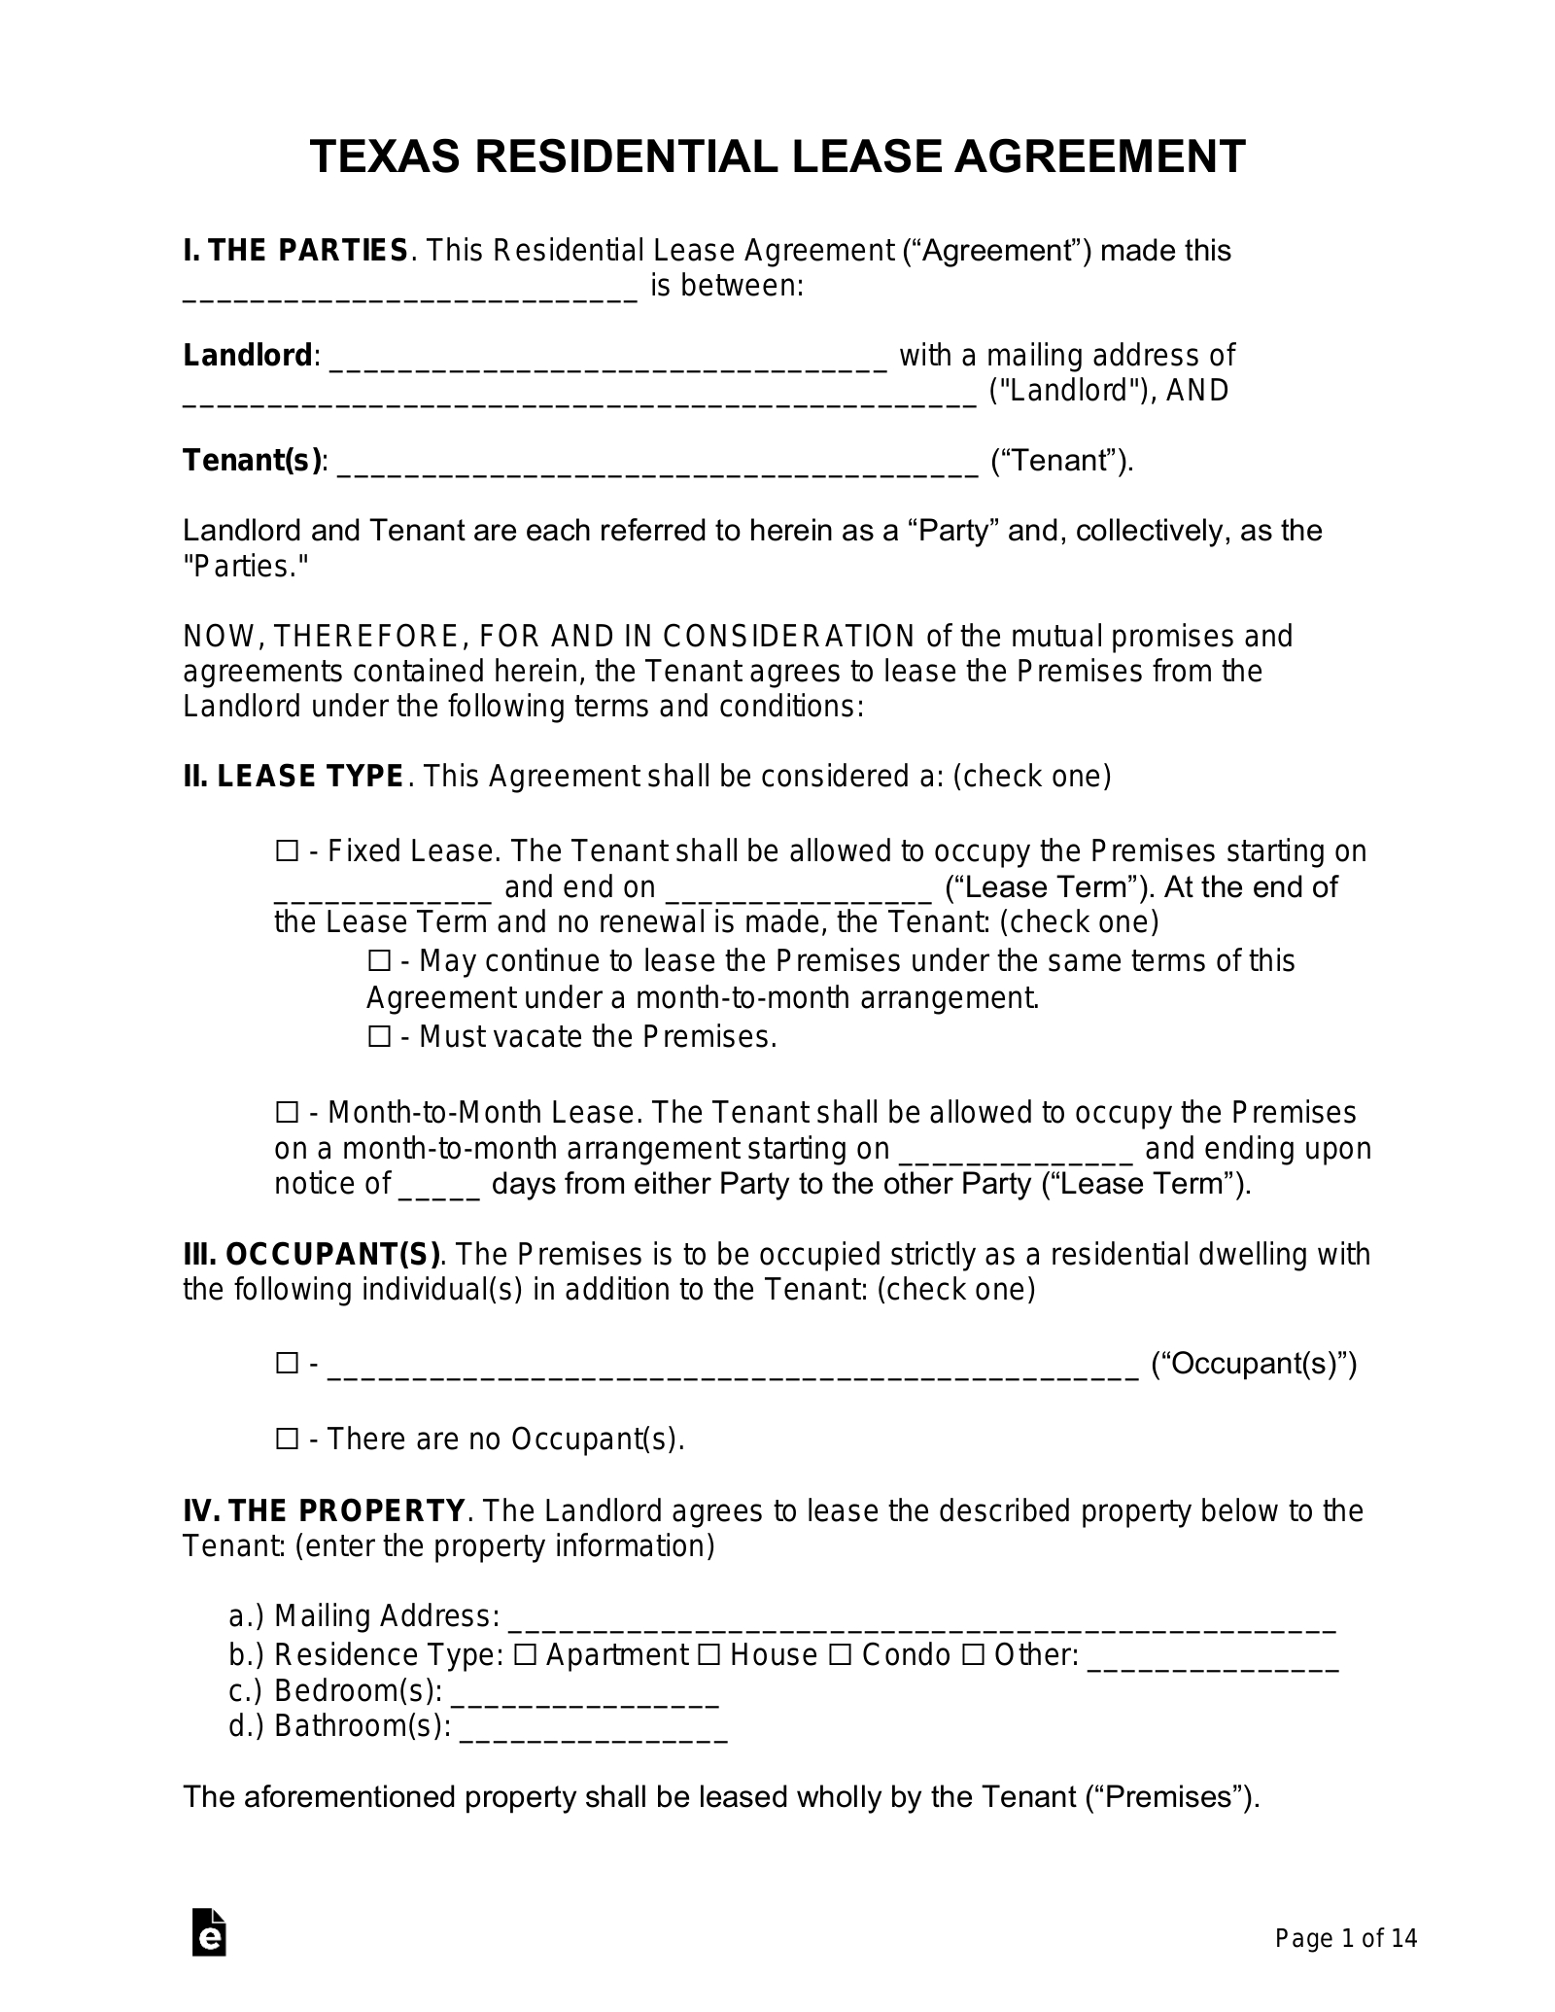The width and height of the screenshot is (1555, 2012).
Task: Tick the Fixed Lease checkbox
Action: (x=287, y=852)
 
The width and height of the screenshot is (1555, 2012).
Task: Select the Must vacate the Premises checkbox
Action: (x=379, y=1037)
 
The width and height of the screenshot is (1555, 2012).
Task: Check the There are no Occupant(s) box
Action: (x=287, y=1439)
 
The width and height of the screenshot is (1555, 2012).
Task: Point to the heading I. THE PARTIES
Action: (x=295, y=251)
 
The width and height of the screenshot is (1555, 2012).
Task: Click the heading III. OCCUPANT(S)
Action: (x=311, y=1255)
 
